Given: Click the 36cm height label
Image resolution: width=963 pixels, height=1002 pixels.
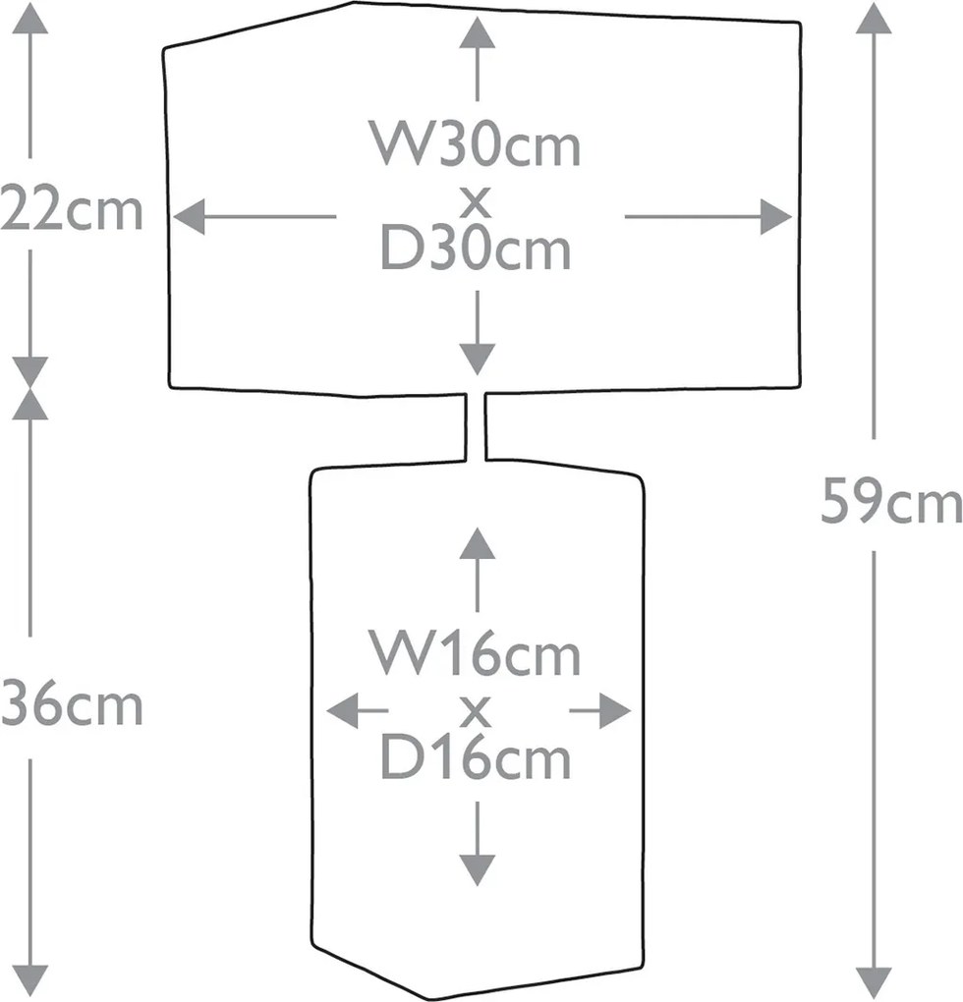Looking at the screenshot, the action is click(x=72, y=706).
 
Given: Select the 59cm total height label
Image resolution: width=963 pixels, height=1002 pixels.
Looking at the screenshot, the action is click(x=891, y=502).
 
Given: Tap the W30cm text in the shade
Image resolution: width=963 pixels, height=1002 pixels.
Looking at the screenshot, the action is click(x=476, y=144).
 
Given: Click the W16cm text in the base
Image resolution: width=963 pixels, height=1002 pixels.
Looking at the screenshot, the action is click(x=476, y=653).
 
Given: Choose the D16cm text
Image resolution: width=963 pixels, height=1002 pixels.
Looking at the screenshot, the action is click(x=476, y=757).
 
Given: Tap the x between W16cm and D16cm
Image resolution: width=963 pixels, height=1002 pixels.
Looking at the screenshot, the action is click(x=476, y=711).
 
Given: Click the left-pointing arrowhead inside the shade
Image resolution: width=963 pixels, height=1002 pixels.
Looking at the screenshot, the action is click(x=189, y=217).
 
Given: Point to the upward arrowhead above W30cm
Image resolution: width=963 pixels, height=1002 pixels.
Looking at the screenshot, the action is click(x=478, y=32).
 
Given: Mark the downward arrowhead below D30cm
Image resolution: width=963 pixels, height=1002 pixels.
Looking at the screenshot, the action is click(x=478, y=360).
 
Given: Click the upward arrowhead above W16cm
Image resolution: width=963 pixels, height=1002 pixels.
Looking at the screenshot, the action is click(x=478, y=542).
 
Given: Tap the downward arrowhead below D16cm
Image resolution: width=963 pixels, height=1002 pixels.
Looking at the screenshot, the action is click(x=478, y=869).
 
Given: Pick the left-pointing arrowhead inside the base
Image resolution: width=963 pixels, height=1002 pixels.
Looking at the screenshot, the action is click(x=342, y=710).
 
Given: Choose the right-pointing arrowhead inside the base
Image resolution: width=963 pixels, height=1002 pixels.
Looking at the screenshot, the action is click(x=615, y=710).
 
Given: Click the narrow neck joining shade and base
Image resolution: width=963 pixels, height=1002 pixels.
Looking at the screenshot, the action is click(x=476, y=426).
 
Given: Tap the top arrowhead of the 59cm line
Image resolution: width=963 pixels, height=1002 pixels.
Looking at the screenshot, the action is click(x=874, y=18).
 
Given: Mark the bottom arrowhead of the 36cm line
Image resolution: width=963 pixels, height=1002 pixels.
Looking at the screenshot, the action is click(x=30, y=981).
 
